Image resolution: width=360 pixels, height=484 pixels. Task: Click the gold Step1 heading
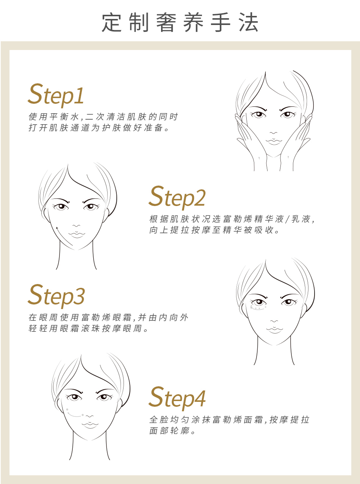pyautogui.click(x=56, y=95)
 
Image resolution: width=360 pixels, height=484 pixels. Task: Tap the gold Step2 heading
pyautogui.click(x=177, y=197)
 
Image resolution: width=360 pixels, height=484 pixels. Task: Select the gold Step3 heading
pyautogui.click(x=56, y=296)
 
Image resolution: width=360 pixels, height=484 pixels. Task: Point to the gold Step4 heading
pyautogui.click(x=177, y=398)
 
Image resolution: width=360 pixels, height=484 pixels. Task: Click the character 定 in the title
pyautogui.click(x=111, y=22)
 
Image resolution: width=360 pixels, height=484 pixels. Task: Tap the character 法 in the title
pyautogui.click(x=249, y=22)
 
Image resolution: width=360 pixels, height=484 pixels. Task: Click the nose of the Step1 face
pyautogui.click(x=273, y=133)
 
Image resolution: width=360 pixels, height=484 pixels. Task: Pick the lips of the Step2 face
pyautogui.click(x=77, y=234)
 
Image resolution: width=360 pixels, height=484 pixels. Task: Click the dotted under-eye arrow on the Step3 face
pyautogui.click(x=258, y=308)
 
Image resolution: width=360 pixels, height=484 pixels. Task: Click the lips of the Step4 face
pyautogui.click(x=90, y=425)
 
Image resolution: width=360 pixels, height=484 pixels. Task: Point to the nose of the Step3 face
pyautogui.click(x=274, y=321)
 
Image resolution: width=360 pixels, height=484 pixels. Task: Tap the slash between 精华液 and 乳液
pyautogui.click(x=288, y=219)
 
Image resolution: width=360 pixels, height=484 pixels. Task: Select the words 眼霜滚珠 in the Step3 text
pyautogui.click(x=80, y=328)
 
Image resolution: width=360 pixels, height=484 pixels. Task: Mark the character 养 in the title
pyautogui.click(x=193, y=22)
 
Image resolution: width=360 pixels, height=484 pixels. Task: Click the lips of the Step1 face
pyautogui.click(x=274, y=142)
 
